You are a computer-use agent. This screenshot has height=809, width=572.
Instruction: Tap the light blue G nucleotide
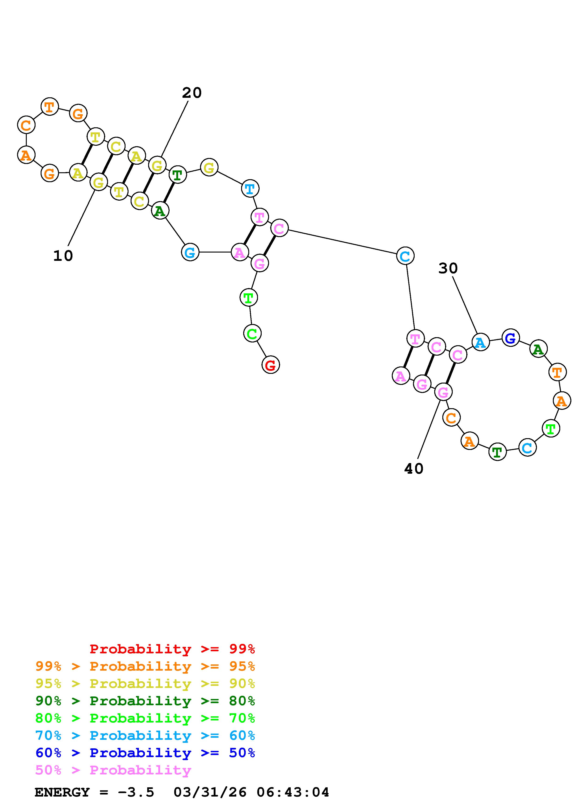(190, 252)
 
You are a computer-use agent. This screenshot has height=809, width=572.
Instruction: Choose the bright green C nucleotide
(252, 333)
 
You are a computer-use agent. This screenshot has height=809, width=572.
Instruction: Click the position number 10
(63, 256)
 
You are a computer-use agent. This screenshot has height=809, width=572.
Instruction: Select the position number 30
(448, 268)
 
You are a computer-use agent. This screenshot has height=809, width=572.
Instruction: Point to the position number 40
(414, 469)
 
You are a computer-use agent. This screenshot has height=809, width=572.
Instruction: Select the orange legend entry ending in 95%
(145, 666)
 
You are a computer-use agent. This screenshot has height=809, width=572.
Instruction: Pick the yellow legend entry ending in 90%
(145, 684)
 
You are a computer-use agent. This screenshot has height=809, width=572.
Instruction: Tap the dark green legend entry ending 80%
(145, 701)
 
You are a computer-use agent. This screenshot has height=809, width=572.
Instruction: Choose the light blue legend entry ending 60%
(145, 735)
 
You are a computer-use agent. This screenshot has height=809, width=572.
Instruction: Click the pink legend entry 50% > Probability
(113, 770)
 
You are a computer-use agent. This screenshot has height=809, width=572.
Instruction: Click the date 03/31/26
(210, 792)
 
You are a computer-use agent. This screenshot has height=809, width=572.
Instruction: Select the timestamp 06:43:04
(293, 792)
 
